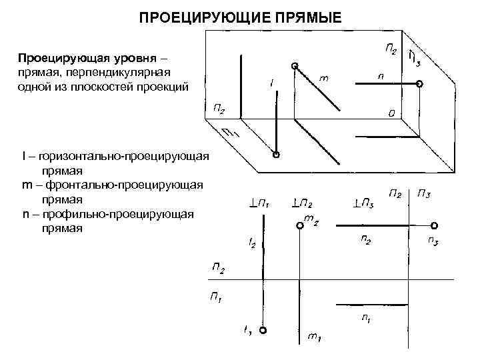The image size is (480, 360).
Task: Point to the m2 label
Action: [x=311, y=219]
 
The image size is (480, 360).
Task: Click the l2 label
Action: [x=252, y=245]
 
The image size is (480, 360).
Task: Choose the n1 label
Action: [x=366, y=319]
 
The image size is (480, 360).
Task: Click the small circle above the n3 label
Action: [x=434, y=225]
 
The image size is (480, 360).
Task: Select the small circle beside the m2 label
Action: [x=299, y=226]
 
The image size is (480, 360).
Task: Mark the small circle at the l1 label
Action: [x=263, y=331]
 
